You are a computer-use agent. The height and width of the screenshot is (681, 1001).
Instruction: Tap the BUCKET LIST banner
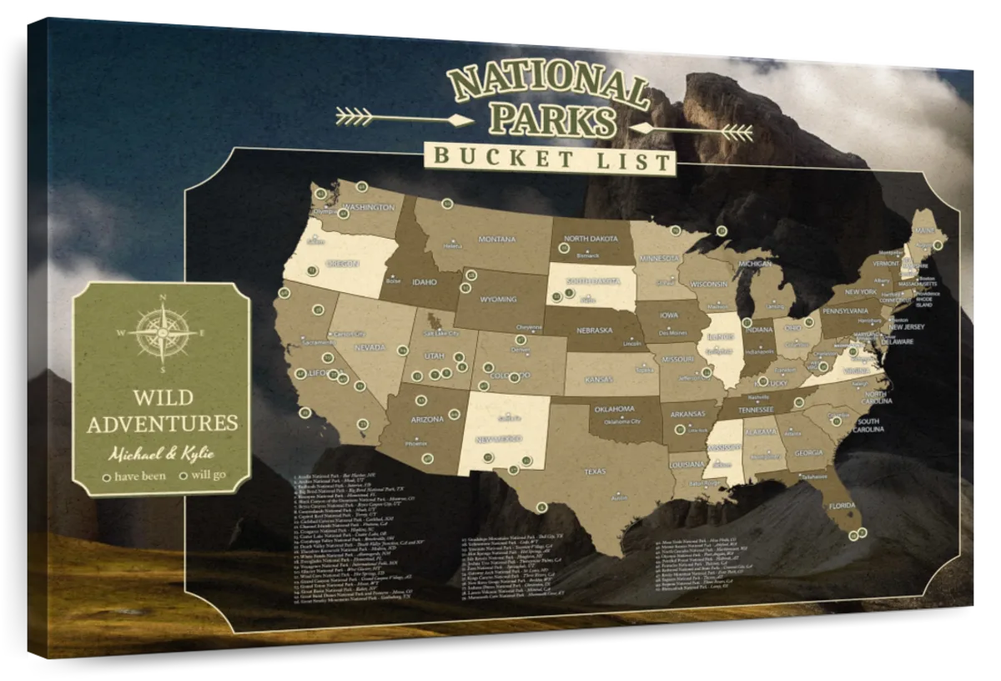(x=548, y=158)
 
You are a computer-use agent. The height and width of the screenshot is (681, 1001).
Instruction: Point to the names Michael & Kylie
(x=161, y=453)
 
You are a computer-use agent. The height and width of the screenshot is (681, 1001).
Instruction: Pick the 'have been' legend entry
(x=133, y=477)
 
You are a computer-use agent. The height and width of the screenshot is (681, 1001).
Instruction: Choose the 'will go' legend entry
(x=203, y=477)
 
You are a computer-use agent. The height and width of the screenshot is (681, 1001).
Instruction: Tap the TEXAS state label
(x=594, y=472)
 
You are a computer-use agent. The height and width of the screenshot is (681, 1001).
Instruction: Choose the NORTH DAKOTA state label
(x=591, y=239)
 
